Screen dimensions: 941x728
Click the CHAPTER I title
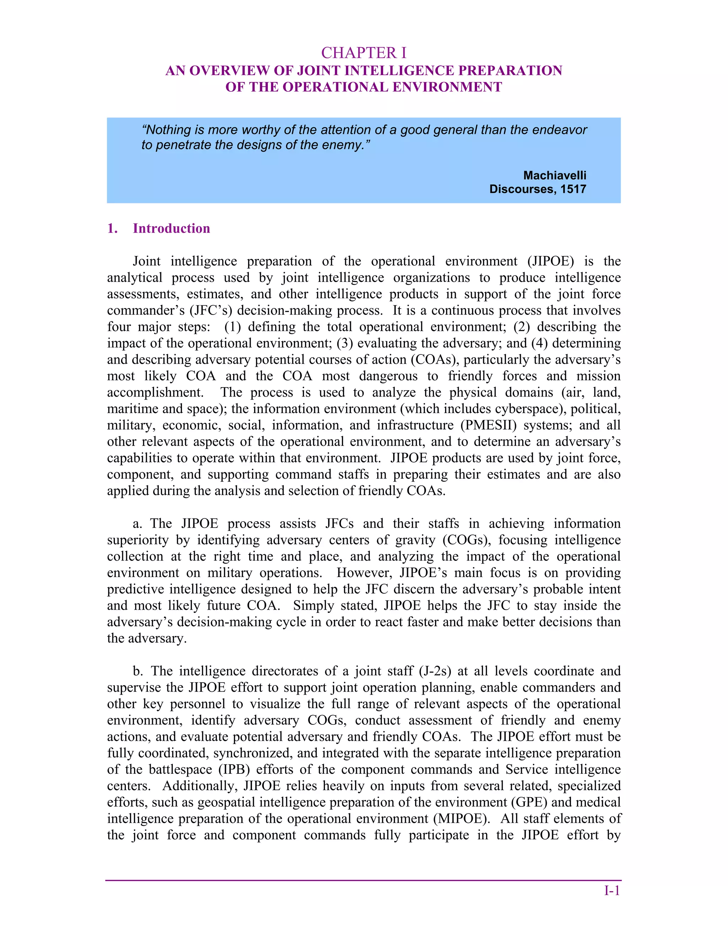pos(364,53)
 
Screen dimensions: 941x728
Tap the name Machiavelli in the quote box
pos(555,175)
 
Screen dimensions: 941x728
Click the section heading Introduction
pos(171,228)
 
